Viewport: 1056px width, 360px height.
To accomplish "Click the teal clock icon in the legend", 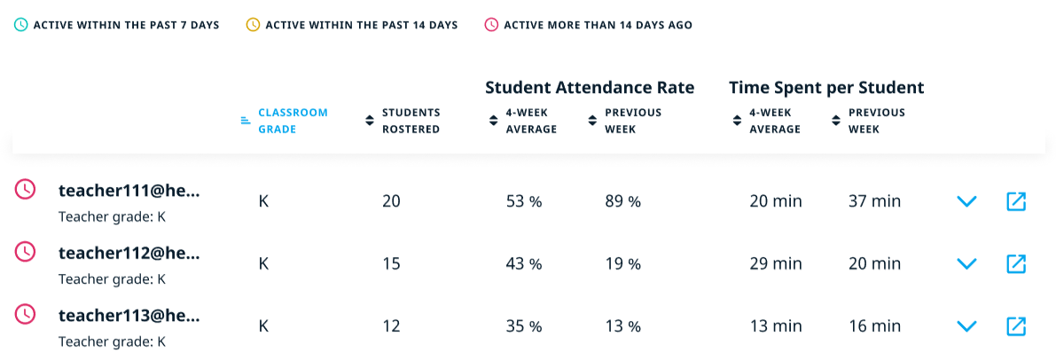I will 21,25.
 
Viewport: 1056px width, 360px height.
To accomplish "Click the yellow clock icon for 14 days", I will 253,25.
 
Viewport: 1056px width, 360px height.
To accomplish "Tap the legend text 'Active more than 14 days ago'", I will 598,25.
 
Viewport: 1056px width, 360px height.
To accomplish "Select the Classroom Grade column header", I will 293,121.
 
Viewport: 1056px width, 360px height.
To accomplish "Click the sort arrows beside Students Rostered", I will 370,121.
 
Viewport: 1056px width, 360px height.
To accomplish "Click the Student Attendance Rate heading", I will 590,88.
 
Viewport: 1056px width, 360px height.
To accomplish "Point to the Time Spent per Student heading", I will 826,88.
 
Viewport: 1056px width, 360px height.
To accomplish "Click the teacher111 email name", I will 129,190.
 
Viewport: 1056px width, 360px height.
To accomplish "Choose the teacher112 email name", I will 129,253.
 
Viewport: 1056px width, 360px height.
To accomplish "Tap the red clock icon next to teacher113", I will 26,314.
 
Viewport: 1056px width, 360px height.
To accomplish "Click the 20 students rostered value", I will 391,201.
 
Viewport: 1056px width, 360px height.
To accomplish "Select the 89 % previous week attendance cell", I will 622,201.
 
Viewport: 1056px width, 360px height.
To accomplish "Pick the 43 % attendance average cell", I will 523,263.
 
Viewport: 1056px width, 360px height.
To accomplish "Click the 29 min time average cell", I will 775,263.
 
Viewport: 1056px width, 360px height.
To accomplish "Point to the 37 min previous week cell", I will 874,201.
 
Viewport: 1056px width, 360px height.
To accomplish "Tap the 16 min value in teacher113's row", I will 874,326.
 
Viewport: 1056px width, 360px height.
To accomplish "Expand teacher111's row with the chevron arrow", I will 966,201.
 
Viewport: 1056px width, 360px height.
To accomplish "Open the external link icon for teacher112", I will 1016,263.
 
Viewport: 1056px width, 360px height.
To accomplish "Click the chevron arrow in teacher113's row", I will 966,326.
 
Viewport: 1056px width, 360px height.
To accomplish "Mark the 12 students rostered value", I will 391,326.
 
